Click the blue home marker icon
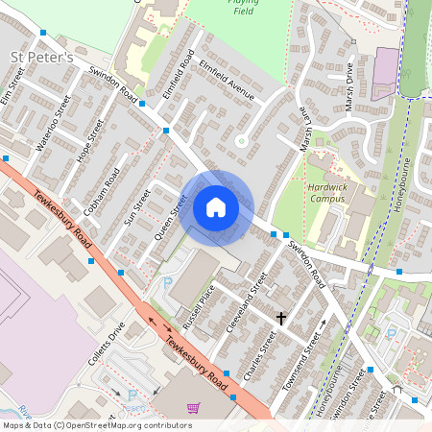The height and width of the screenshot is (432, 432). (216, 207)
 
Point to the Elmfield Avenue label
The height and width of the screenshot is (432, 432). (228, 81)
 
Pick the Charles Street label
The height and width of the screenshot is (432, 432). (260, 356)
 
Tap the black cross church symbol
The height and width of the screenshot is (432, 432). (281, 317)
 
